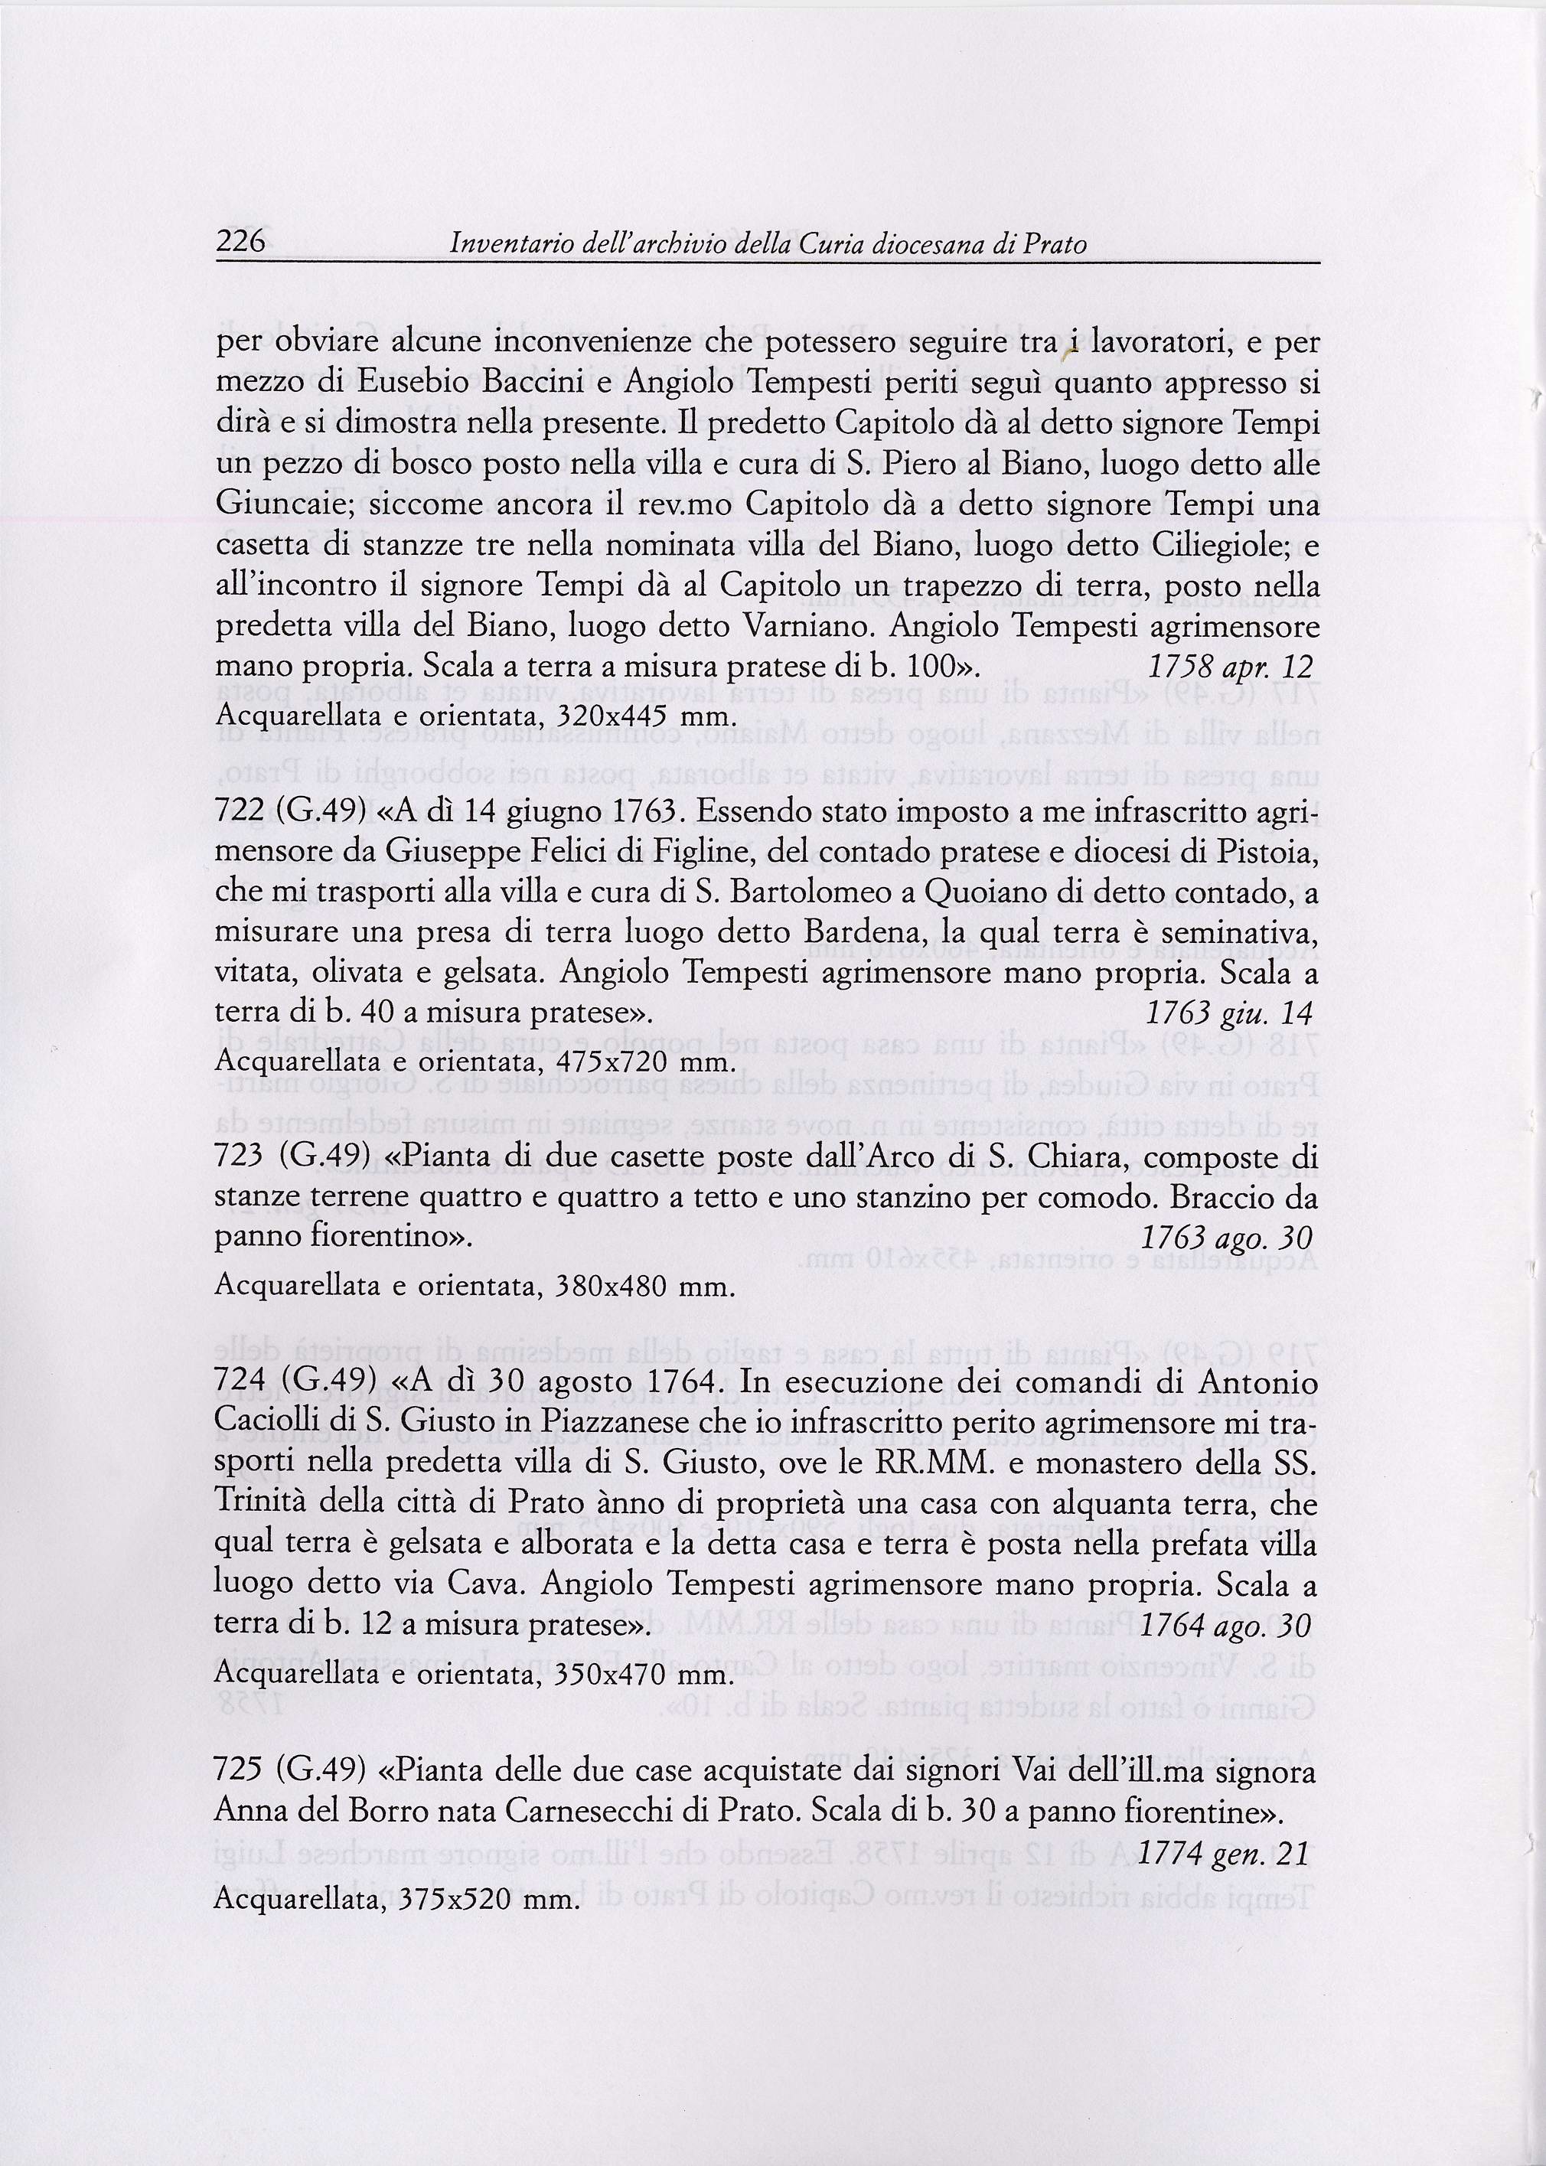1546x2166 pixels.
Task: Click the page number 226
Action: click(x=240, y=243)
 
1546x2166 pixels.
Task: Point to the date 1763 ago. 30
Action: click(x=1226, y=1238)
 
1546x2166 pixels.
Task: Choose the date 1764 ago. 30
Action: click(x=1225, y=1625)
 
